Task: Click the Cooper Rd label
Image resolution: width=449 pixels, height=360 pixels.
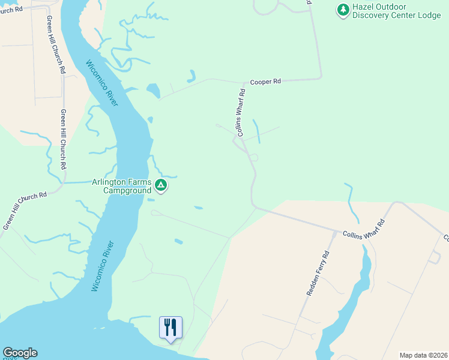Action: pyautogui.click(x=265, y=82)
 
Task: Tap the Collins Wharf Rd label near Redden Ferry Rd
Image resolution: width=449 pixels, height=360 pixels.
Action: pyautogui.click(x=363, y=229)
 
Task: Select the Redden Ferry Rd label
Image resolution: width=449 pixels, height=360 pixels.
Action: pyautogui.click(x=319, y=273)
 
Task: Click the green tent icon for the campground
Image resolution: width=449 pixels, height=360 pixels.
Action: pyautogui.click(x=160, y=185)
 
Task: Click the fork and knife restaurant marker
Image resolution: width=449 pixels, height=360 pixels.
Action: pyautogui.click(x=170, y=327)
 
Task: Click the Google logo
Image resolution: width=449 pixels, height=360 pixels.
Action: pyautogui.click(x=20, y=353)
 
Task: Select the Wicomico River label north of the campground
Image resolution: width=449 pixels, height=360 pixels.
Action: pyautogui.click(x=101, y=83)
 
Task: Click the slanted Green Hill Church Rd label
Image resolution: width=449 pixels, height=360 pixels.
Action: pyautogui.click(x=25, y=211)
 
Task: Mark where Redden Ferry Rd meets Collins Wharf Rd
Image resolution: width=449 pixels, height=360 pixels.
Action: pyautogui.click(x=334, y=230)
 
